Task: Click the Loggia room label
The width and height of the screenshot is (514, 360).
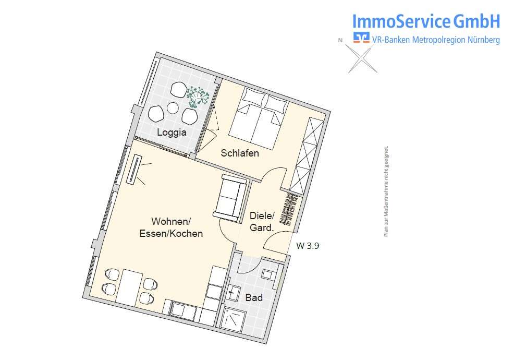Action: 172,133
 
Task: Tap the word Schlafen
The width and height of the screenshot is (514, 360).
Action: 240,153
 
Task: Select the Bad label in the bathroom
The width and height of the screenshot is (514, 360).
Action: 254,298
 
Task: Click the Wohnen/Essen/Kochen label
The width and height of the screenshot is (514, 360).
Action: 171,227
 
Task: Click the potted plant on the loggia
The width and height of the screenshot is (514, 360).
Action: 198,96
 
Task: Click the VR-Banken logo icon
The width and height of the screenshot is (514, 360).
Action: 361,38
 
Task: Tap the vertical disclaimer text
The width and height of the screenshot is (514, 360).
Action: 386,191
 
